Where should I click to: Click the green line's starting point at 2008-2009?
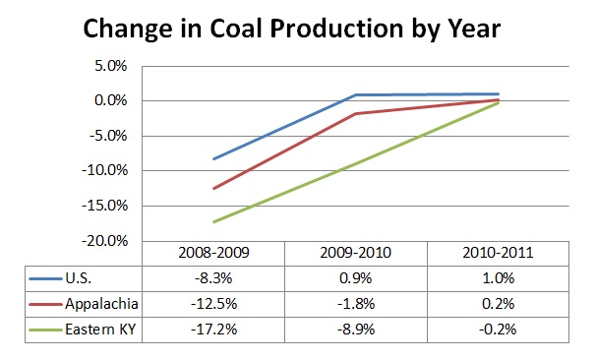(x=213, y=221)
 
